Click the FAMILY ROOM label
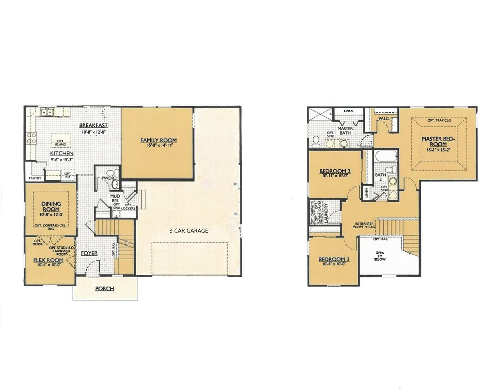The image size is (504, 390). tap(158, 140)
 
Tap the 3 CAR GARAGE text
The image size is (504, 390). tap(189, 230)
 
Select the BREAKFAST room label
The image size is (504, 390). tap(93, 125)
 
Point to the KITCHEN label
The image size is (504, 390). tap(62, 153)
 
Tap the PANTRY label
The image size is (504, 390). tap(35, 178)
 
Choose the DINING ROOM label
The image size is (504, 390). tap(51, 206)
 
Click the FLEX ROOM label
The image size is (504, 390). tap(48, 260)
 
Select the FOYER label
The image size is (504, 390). tap(89, 253)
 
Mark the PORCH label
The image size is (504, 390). tap(105, 289)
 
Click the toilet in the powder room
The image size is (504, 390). tap(115, 173)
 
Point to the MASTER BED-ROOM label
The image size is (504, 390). tap(438, 141)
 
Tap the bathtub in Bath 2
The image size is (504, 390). tap(386, 157)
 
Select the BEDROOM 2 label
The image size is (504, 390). tap(335, 171)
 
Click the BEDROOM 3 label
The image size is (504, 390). tap(333, 259)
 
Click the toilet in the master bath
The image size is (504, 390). tap(315, 142)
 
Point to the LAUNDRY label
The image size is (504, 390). tap(326, 213)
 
